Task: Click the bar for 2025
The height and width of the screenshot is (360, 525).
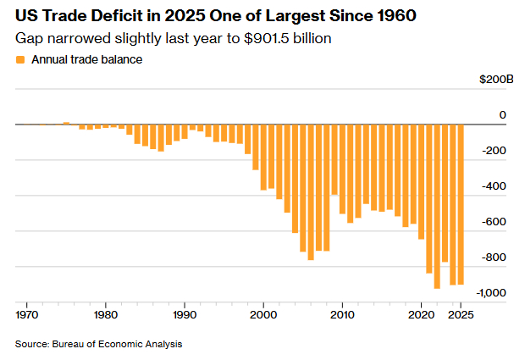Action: pos(461,204)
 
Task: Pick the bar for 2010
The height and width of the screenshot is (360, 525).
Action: pos(342,169)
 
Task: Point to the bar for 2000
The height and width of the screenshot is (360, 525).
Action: pos(263,157)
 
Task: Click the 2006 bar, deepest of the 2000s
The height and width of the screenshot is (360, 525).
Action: pos(311,191)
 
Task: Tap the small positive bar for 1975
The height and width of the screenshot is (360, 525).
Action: pos(65,123)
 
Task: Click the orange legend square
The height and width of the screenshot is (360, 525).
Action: pos(20,60)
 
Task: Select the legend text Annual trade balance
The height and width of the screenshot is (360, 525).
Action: pos(86,60)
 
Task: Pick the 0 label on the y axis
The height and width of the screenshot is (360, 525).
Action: pos(502,115)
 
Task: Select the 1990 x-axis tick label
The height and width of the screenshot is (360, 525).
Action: pos(185,314)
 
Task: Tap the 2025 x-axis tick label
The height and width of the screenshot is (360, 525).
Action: pos(461,314)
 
